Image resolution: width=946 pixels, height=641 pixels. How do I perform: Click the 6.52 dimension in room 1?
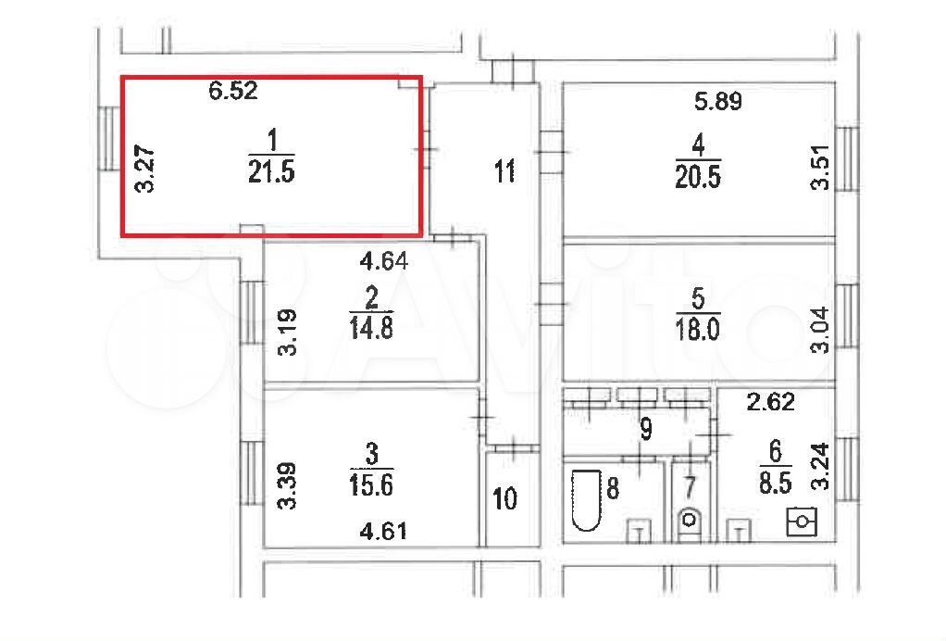[233, 91]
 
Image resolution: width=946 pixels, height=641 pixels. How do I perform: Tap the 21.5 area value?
[271, 171]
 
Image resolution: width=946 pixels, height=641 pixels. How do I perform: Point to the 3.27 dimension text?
[144, 170]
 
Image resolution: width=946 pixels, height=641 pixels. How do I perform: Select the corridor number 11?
[505, 170]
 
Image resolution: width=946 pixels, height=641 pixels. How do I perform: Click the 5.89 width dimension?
[718, 101]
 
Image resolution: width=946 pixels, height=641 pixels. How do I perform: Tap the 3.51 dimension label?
[820, 168]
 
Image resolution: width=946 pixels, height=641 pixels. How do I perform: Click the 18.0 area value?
[697, 330]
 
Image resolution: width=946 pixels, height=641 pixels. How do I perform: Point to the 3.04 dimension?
[820, 330]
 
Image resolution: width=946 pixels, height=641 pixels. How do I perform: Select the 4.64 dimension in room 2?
[384, 260]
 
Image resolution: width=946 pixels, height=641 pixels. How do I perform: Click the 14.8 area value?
[371, 329]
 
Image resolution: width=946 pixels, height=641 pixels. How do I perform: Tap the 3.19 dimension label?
[288, 332]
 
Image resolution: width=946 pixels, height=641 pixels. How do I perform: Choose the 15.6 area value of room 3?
[371, 484]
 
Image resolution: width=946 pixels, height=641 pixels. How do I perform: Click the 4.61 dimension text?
[383, 531]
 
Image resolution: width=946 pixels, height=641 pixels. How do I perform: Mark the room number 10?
[505, 498]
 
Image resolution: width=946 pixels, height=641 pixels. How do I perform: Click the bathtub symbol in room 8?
[587, 500]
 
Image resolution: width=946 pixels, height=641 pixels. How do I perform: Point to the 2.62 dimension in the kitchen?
[770, 401]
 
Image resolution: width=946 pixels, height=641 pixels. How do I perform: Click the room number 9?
[646, 429]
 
